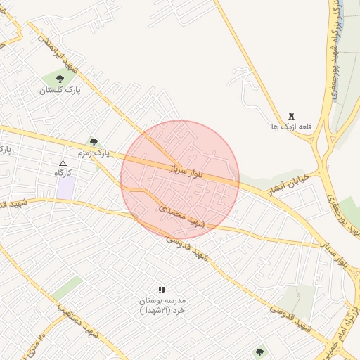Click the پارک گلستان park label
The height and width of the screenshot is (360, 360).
[x=60, y=91]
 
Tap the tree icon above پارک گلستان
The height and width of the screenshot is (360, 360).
[x=60, y=79]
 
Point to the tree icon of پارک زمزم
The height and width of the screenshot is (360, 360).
[x=94, y=142]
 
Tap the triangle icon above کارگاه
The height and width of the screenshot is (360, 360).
[x=63, y=162]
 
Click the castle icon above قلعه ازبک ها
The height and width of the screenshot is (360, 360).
[x=292, y=117]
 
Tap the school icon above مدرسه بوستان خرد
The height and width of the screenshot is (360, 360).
[x=162, y=289]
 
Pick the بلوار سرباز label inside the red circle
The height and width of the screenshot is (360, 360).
[x=184, y=172]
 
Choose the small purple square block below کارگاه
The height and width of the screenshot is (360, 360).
[x=66, y=188]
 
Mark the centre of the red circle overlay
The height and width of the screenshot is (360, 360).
[x=180, y=180]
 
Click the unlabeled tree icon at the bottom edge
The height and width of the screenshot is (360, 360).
[x=260, y=352]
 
